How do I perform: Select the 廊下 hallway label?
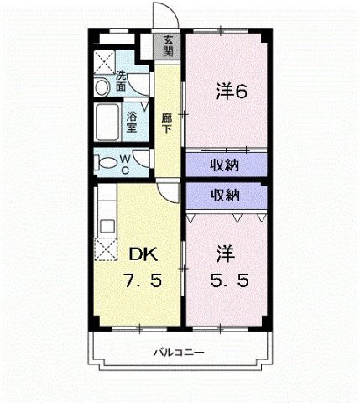(167, 123)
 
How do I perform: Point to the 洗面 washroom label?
(123, 81)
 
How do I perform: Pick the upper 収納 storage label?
(225, 165)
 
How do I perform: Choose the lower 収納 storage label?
(225, 196)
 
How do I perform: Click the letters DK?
(142, 253)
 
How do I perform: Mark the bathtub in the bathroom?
(108, 122)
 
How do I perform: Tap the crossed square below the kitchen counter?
(107, 249)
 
